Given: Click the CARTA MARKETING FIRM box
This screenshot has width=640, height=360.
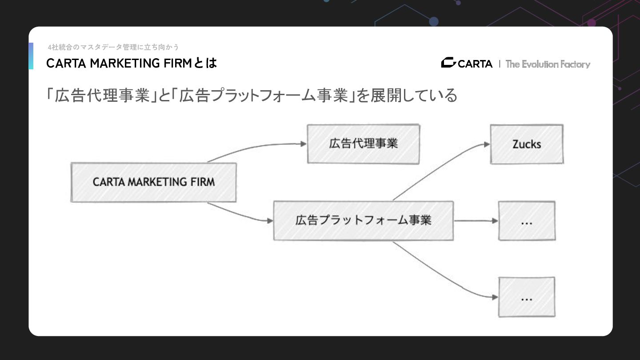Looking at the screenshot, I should point(153,182).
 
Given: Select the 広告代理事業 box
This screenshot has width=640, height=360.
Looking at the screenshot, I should point(363,144).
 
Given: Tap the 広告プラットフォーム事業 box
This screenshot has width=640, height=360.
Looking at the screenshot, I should point(363,220).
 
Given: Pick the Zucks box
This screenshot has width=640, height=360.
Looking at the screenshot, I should point(527,144).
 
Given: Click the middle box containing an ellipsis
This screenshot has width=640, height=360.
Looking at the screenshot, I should point(527,221).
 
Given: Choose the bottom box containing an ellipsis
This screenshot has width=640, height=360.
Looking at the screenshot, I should point(527,297).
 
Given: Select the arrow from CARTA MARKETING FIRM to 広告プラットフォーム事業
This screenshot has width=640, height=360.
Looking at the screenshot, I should point(240,215).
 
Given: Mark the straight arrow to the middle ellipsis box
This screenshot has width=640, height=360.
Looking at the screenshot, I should point(476,220).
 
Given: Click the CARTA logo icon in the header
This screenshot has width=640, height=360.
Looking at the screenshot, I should point(448,63).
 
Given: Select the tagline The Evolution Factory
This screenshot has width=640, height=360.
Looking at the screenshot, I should point(548,64).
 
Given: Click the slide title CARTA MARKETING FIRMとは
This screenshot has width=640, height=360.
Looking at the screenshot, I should point(132,64).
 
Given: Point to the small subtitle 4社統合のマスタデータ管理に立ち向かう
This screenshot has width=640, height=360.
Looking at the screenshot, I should point(113,47).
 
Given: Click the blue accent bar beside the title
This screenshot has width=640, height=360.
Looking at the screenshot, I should point(31,56).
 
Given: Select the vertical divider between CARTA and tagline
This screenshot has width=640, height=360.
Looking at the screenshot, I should point(500,64).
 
